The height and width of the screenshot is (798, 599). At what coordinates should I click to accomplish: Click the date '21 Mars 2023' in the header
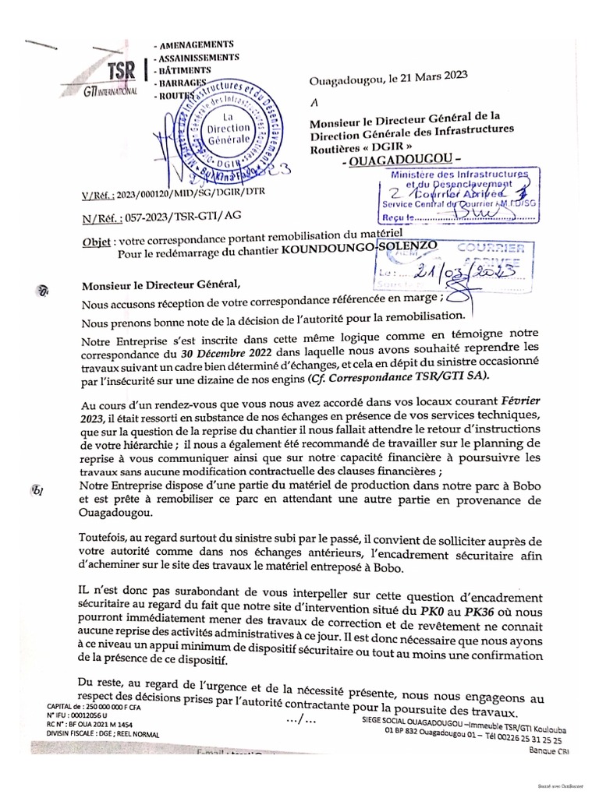click(427, 76)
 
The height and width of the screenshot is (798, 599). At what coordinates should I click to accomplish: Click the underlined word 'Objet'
click(97, 242)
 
